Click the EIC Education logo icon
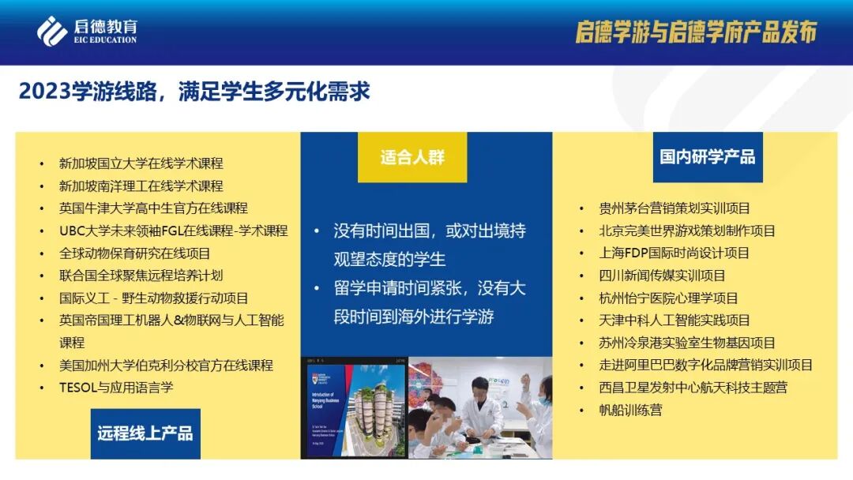click(51, 31)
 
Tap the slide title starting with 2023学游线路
click(194, 91)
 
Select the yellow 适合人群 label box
click(412, 157)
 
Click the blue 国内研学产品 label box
click(707, 156)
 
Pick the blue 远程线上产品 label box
click(145, 433)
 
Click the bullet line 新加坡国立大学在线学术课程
click(141, 163)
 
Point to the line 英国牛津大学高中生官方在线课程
click(153, 208)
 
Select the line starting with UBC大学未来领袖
click(173, 231)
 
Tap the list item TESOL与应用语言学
click(115, 388)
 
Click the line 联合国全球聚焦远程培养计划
click(141, 276)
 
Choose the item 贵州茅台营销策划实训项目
click(675, 208)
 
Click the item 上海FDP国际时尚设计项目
click(675, 253)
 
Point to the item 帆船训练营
click(631, 410)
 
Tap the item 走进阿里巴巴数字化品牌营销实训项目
click(706, 365)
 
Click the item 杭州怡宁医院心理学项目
click(668, 298)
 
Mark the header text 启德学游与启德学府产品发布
click(695, 32)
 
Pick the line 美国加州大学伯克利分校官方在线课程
click(166, 366)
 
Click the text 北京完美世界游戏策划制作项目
click(687, 231)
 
